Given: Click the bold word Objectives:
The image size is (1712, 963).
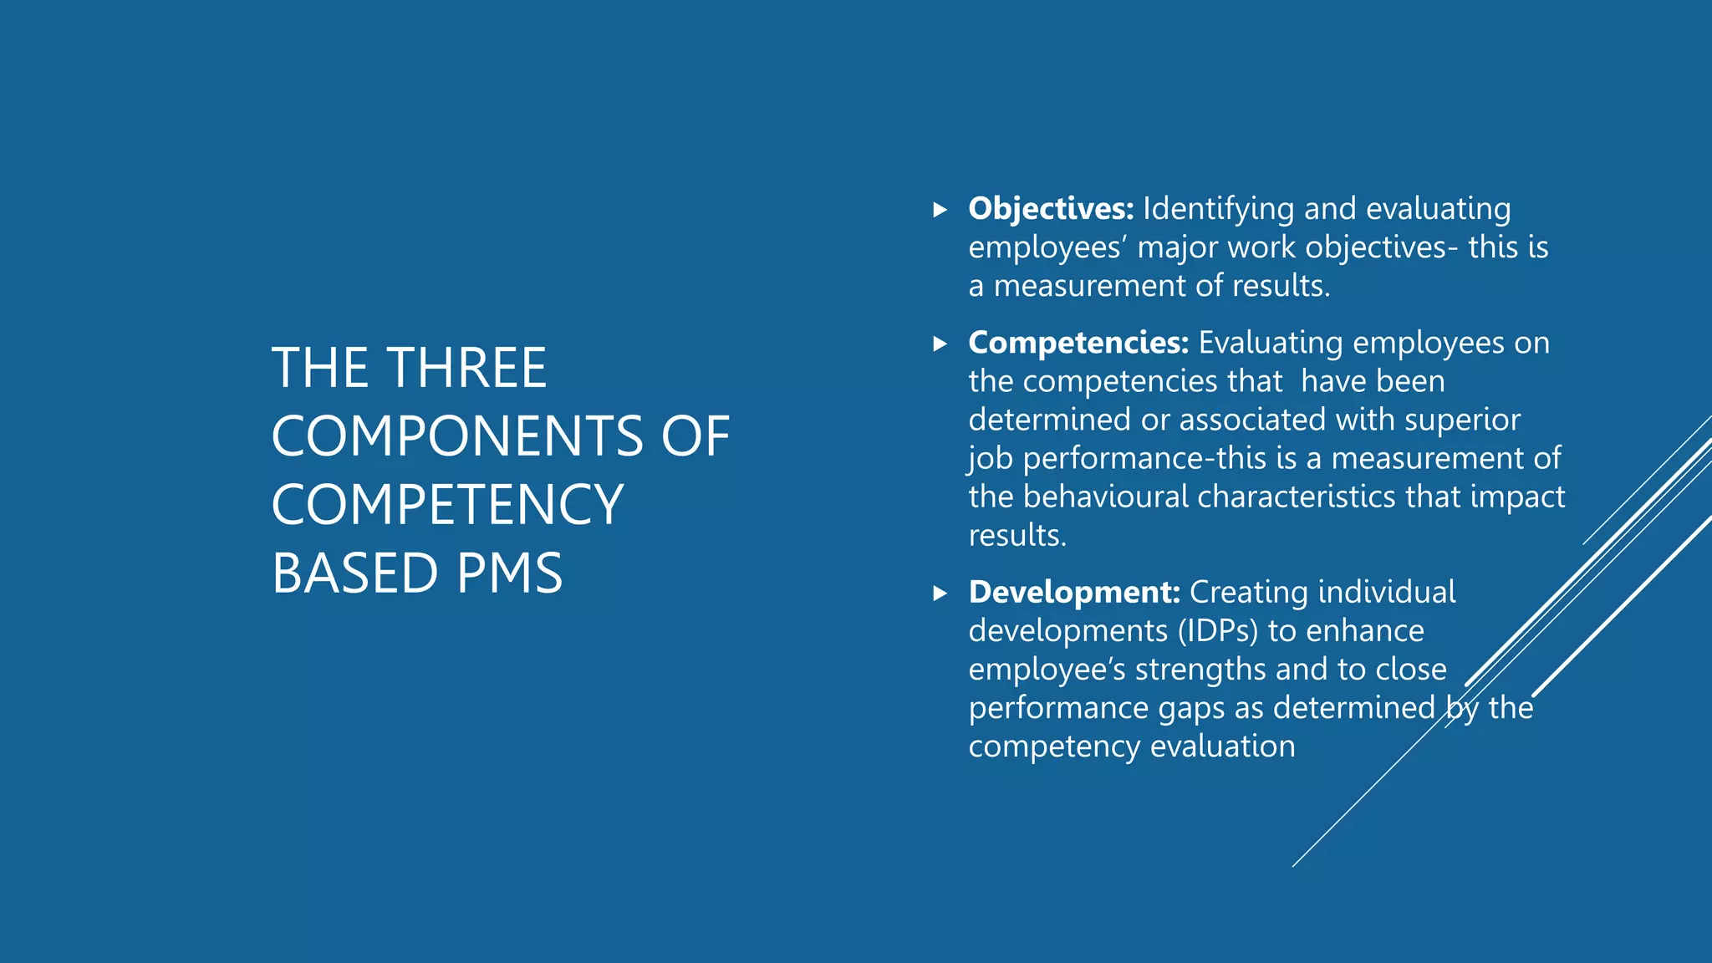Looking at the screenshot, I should point(1051,209).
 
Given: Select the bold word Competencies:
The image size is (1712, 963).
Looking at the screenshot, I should point(1078,343).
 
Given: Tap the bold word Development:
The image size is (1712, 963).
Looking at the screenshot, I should point(1074,592).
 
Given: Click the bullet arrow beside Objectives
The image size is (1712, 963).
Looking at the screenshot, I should point(940,210).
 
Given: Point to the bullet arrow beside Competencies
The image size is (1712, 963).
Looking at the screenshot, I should point(940,344).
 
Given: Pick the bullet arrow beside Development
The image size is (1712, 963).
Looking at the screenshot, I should point(940,594).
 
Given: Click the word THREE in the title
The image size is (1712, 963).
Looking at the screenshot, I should point(467,368).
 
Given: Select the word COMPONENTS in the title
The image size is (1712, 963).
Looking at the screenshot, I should point(457,436).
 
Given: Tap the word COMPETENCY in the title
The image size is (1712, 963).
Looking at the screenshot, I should point(447,505).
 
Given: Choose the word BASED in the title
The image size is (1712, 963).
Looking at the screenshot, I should point(354,573).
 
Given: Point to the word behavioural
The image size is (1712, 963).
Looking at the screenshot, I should point(1105,497).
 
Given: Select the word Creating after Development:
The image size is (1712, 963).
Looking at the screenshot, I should point(1249,592).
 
